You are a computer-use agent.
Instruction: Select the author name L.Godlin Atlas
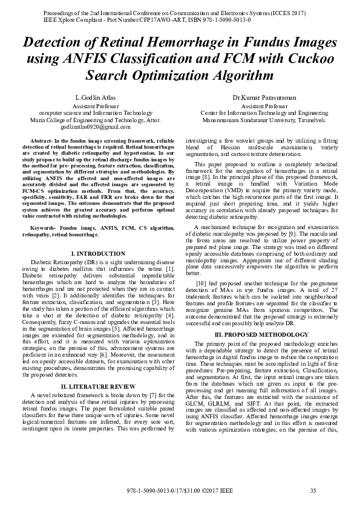(x=95, y=97)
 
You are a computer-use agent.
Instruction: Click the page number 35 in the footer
(x=313, y=490)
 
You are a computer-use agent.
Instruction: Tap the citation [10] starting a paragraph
(x=202, y=283)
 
